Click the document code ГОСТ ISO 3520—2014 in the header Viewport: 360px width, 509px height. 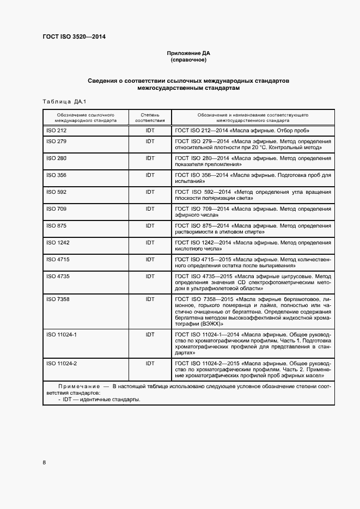(74, 37)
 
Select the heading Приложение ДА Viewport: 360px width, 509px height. (188, 53)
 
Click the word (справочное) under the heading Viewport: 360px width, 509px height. (188, 60)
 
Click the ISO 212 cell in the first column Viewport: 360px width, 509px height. (56, 131)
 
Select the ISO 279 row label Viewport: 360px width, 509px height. (56, 142)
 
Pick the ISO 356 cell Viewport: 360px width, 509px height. (56, 175)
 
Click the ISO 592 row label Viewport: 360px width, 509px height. (56, 192)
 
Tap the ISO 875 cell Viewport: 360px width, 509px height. (56, 225)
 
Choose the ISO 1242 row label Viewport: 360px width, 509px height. (58, 242)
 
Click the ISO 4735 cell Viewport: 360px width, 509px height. (58, 276)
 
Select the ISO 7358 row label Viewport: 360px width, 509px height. (58, 299)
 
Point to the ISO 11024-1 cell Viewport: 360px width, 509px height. (62, 334)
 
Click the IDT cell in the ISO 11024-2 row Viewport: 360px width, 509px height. (150, 363)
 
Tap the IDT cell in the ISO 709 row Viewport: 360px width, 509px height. (150, 209)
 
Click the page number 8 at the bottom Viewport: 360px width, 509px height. (44, 463)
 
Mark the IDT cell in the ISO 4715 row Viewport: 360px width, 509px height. (150, 259)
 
